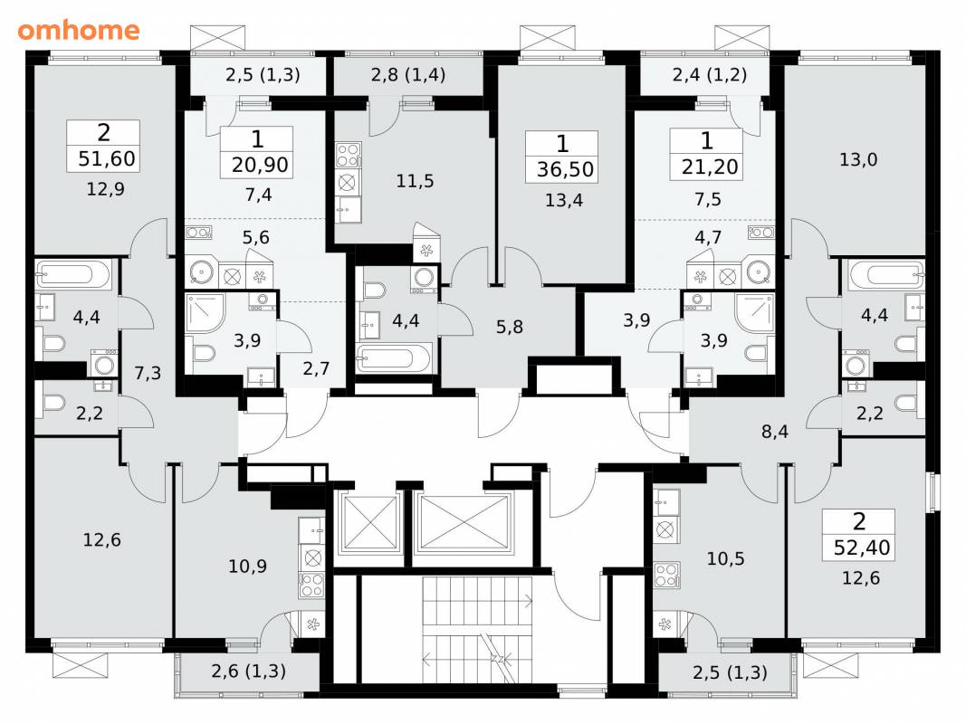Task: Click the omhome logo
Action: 78,30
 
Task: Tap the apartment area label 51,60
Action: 107,159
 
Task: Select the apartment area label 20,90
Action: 260,165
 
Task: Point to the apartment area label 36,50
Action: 565,169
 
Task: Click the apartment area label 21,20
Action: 709,167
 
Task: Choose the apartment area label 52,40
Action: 861,548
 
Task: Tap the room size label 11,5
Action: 415,181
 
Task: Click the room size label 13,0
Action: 858,160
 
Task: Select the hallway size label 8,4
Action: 774,432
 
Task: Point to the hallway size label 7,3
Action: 148,373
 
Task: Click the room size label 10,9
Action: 247,567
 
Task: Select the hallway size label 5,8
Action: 510,327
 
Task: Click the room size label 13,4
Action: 564,200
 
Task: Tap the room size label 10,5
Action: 725,559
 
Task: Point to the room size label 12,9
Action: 105,189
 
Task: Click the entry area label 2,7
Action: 316,368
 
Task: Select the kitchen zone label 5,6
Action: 255,238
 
